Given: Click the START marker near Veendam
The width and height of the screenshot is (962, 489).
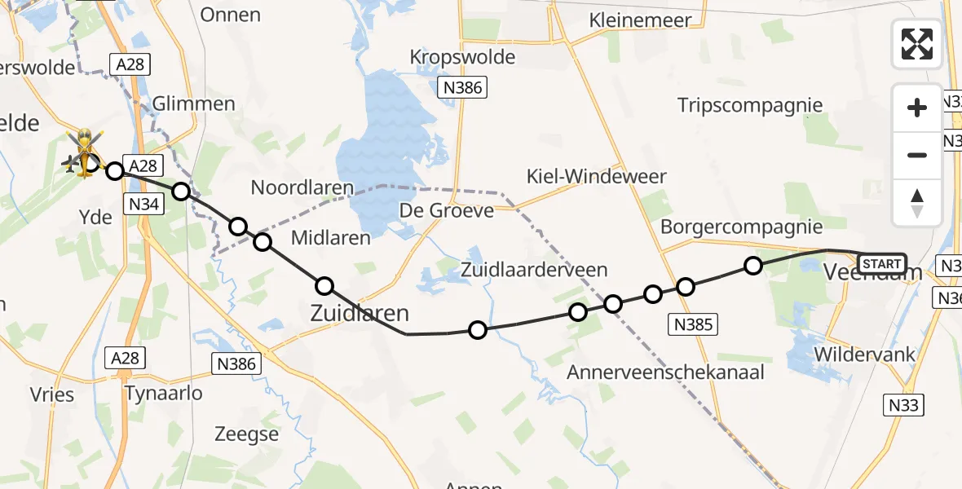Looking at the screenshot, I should pos(881,263).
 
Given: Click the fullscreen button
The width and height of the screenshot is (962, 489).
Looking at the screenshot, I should pos(917,44).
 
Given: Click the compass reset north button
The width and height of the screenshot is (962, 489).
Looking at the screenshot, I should pos(917,203).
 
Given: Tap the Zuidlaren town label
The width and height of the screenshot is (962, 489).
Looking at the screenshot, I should pos(359,314).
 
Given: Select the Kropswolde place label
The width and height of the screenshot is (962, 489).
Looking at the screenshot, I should pos(463,57).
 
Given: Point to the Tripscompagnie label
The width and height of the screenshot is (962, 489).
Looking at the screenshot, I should pos(750,105).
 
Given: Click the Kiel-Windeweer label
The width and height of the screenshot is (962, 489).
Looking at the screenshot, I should pos(597,176).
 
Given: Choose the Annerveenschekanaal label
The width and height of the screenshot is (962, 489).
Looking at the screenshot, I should pos(666,372).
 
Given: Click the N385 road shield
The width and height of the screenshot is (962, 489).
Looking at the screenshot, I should pos(692,324).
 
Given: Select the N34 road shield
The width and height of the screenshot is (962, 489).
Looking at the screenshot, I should pos(143,204).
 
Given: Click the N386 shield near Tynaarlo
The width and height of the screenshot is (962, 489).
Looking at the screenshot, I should pos(236,364).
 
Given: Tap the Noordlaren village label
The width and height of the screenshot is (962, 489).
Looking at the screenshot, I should pos(302,187).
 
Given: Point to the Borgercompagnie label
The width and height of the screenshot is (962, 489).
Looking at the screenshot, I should pos(741,227).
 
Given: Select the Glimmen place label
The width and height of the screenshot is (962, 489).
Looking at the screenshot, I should pos(194,104).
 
